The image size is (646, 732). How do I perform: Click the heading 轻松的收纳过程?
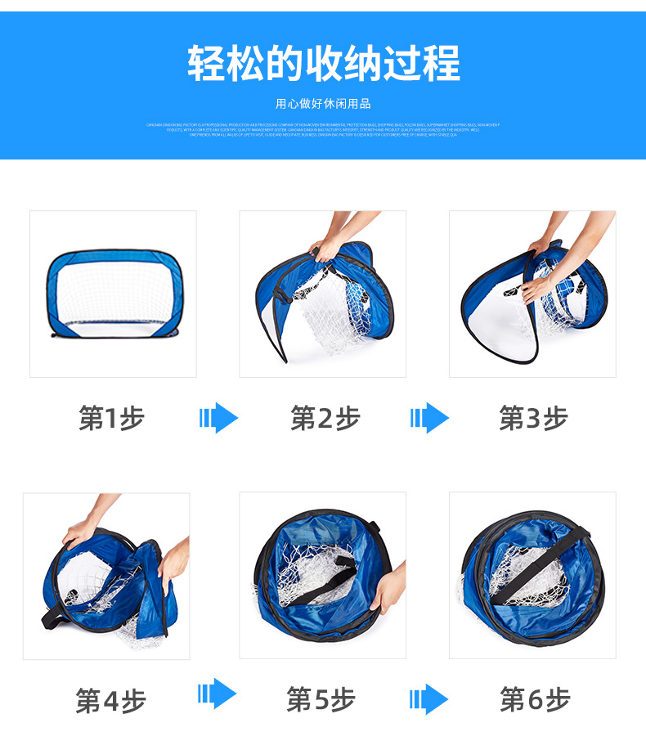click(x=323, y=64)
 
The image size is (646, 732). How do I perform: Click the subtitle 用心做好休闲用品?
click(x=323, y=104)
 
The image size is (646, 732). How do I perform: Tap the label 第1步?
click(x=111, y=419)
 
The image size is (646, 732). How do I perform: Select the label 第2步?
click(x=325, y=419)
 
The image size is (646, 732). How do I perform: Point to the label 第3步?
click(x=533, y=419)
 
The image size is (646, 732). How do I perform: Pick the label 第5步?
click(x=321, y=700)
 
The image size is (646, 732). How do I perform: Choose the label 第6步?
click(x=535, y=700)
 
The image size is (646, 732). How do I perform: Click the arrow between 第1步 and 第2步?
click(x=218, y=419)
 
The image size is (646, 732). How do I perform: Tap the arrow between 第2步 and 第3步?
click(x=429, y=419)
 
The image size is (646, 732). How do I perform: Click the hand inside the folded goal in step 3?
click(x=536, y=286)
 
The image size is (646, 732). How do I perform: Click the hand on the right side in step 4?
click(x=174, y=564)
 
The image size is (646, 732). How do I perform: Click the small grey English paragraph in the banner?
click(x=323, y=129)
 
